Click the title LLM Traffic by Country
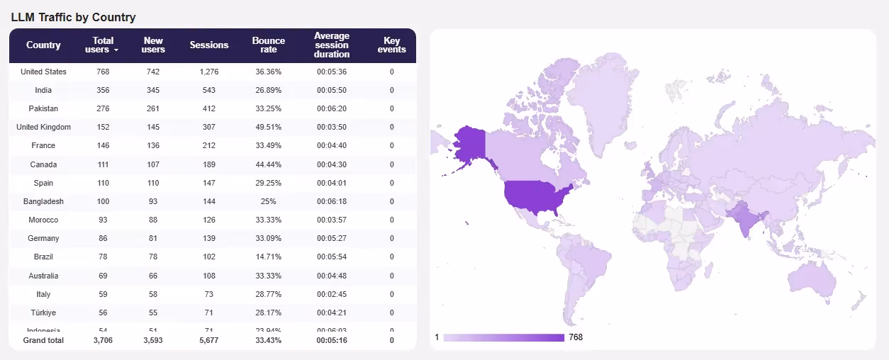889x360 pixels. [73, 17]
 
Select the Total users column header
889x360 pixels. [103, 45]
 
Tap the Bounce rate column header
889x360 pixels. [269, 45]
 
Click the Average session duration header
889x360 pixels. [332, 45]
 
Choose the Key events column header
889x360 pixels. [391, 45]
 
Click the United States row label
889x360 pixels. [43, 72]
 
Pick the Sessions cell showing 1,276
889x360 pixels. [209, 72]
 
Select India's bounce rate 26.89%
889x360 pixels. [269, 90]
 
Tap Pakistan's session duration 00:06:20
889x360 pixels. [332, 108]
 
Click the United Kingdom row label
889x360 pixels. [43, 127]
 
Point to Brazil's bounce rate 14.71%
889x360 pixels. [269, 257]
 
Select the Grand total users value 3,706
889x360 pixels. [103, 340]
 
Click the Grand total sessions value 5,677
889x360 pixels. [209, 340]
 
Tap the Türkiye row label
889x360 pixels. [43, 313]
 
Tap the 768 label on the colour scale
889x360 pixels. [575, 337]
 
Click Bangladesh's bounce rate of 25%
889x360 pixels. [269, 201]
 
